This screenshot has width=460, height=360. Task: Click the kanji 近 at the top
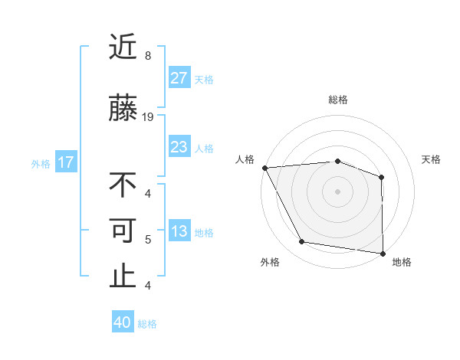[x=123, y=47]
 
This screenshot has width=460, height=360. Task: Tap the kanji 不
[x=123, y=185]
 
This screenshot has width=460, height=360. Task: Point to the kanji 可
[x=123, y=231]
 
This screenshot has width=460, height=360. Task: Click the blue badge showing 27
[x=179, y=78]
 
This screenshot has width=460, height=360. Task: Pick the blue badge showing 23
[x=179, y=147]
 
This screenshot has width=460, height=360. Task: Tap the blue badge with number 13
[x=179, y=232]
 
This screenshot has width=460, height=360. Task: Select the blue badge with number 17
[x=65, y=162]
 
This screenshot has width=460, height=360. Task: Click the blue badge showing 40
[x=123, y=323]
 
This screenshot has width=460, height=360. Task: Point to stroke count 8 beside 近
[x=148, y=56]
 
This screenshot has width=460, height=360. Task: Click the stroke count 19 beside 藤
[x=148, y=116]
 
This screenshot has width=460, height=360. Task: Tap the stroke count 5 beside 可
[x=148, y=240]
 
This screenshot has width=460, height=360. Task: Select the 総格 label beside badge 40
[x=148, y=324]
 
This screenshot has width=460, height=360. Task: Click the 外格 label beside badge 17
[x=41, y=163]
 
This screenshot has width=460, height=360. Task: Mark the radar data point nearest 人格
[x=264, y=167]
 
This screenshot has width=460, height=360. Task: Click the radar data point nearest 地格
[x=383, y=252]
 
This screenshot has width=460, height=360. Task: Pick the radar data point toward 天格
[x=381, y=177]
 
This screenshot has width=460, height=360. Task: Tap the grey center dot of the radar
[x=337, y=191]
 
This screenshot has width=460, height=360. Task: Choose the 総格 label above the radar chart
[x=337, y=100]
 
